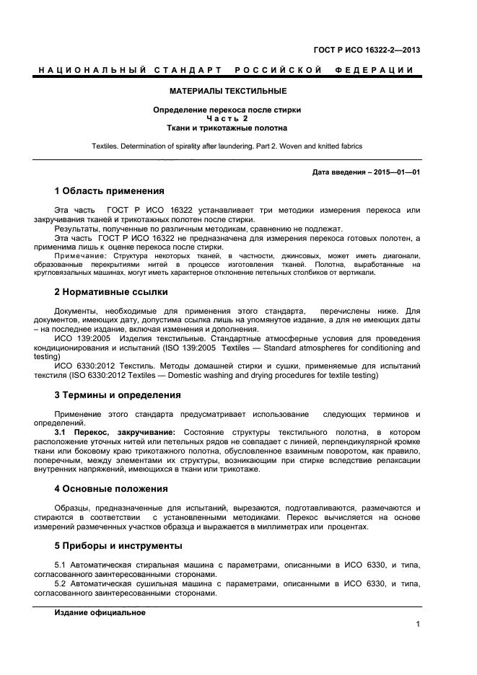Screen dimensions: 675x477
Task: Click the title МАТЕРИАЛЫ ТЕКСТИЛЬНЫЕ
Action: pyautogui.click(x=227, y=92)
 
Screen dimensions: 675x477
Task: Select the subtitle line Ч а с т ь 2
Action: pyautogui.click(x=227, y=118)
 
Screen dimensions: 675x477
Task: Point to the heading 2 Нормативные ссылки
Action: pyautogui.click(x=111, y=292)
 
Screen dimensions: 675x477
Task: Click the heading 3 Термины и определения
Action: pyautogui.click(x=118, y=394)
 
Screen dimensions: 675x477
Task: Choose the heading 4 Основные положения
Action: pyautogui.click(x=111, y=488)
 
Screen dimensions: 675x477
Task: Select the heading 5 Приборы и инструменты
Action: pyautogui.click(x=118, y=545)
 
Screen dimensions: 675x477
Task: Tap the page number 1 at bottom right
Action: pyautogui.click(x=418, y=625)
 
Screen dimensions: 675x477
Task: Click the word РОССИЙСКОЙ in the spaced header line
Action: pyautogui.click(x=277, y=70)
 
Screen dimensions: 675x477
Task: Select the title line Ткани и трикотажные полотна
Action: pyautogui.click(x=227, y=128)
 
